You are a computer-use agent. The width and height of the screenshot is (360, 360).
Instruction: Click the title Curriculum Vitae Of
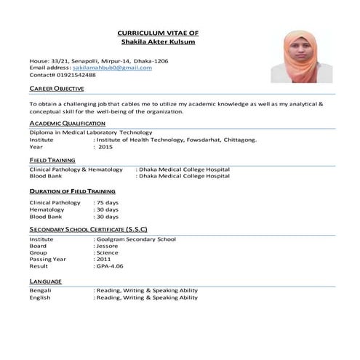point(157,33)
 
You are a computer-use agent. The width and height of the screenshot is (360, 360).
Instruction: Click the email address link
point(113,67)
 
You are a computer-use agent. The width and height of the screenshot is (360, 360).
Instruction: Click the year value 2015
point(105,146)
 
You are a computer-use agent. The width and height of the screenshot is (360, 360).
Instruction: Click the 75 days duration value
point(107,203)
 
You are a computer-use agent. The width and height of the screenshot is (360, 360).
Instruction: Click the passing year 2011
point(104,260)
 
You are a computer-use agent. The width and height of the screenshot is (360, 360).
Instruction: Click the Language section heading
point(45,280)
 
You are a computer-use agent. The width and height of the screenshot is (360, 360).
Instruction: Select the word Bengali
point(40,290)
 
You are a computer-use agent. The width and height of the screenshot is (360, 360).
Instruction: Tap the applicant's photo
point(299,56)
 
